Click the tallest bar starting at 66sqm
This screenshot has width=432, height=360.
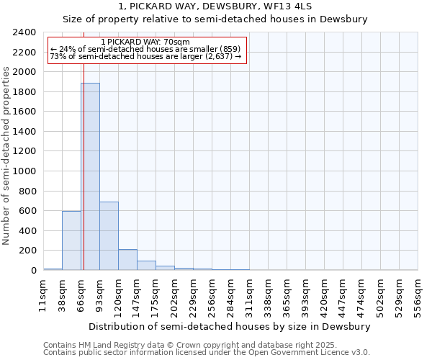[90, 176]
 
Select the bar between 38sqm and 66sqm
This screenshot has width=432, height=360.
[71, 240]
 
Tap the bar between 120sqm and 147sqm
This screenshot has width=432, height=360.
[127, 260]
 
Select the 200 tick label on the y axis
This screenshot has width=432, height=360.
[28, 251]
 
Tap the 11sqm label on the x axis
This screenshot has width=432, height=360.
[43, 295]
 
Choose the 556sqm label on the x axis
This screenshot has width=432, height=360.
[418, 295]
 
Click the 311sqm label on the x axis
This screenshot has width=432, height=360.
[249, 295]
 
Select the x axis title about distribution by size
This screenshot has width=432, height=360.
[230, 326]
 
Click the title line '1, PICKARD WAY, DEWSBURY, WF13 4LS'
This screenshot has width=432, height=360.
[215, 6]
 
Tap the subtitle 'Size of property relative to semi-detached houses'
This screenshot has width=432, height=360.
[215, 19]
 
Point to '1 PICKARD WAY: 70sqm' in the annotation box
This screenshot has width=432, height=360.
[146, 42]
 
